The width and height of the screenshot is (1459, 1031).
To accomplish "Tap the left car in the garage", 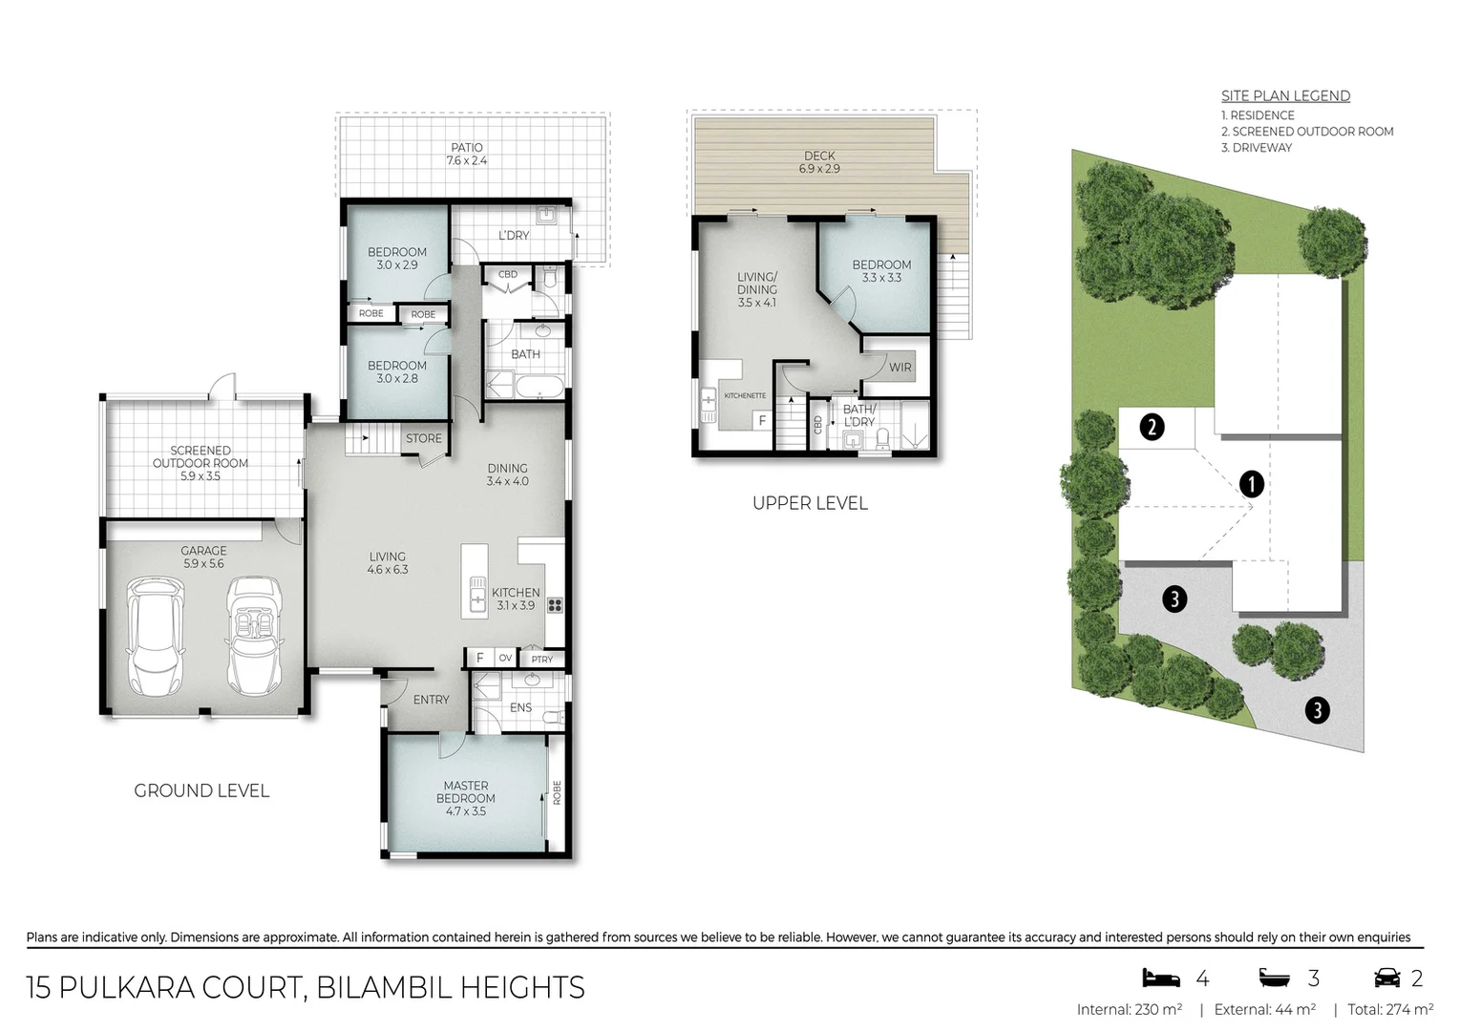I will [x=155, y=637].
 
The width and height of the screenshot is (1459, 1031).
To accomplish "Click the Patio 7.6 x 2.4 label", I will [x=467, y=154].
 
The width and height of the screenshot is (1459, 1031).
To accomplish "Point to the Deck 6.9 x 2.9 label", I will [x=819, y=161].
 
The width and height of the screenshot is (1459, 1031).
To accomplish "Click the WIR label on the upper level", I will [x=899, y=367].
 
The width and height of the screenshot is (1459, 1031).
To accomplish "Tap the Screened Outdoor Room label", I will [x=201, y=463].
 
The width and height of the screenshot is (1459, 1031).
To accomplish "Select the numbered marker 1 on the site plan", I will [x=1251, y=484].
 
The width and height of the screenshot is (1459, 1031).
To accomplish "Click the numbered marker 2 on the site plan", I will [x=1152, y=427].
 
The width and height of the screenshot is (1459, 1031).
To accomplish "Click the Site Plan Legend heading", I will [x=1285, y=95].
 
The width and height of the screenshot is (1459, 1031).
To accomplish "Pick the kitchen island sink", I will [x=476, y=600].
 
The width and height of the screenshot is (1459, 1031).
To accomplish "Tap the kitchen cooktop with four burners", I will [x=555, y=604].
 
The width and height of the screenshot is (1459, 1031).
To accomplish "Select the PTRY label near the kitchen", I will [x=542, y=659].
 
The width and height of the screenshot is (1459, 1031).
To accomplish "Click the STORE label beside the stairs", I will [x=424, y=438].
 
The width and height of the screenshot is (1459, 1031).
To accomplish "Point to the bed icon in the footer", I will [x=1161, y=978].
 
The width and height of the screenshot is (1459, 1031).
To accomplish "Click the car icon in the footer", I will [x=1386, y=978].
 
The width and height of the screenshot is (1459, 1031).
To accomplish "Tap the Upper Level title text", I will [x=810, y=503].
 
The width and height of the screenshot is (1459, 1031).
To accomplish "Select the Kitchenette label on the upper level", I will [x=745, y=395].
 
